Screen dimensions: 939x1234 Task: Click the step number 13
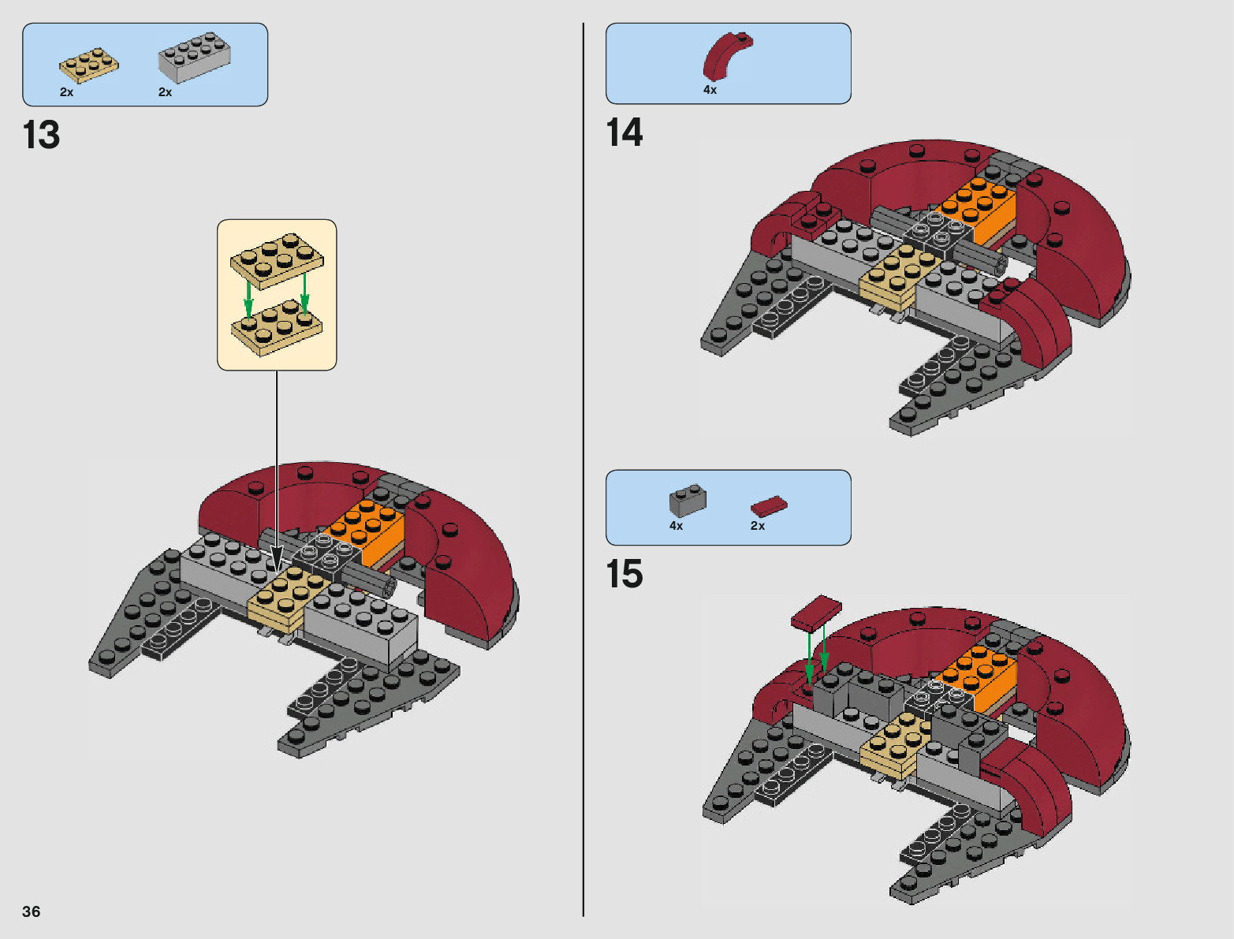click(x=41, y=135)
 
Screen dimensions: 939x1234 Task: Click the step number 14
click(x=624, y=132)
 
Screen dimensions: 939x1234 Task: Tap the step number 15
click(x=624, y=574)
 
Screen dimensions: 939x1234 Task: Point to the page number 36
click(x=32, y=911)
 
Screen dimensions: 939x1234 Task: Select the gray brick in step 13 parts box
click(x=194, y=57)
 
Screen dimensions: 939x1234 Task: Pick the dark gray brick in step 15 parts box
click(x=688, y=500)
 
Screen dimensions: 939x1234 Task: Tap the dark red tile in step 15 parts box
click(x=768, y=505)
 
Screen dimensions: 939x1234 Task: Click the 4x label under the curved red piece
click(x=710, y=90)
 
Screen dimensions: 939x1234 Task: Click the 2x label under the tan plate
click(x=67, y=92)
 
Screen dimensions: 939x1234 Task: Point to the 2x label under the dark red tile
click(x=758, y=526)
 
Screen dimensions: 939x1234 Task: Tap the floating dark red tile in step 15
click(x=817, y=613)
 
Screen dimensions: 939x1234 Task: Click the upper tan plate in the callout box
click(x=277, y=260)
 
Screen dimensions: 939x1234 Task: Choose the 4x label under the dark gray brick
click(x=677, y=526)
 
